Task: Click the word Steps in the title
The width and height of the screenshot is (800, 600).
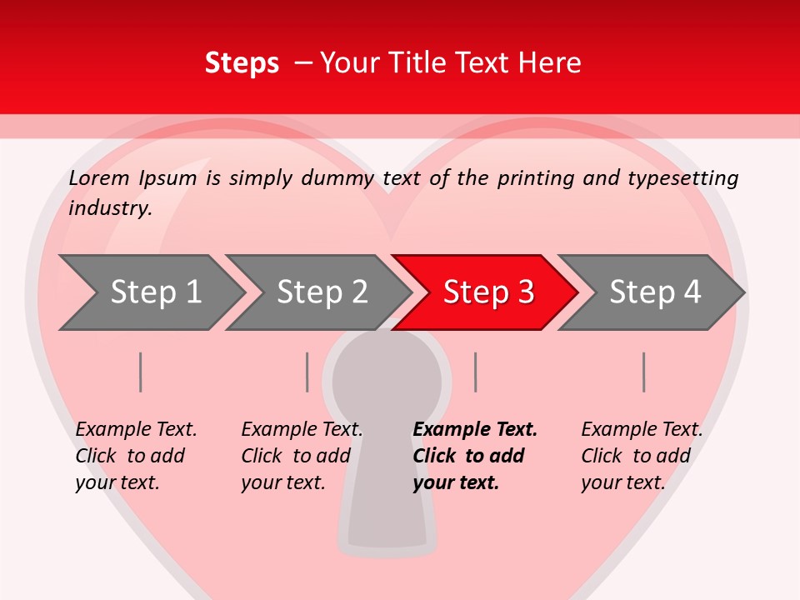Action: click(x=242, y=63)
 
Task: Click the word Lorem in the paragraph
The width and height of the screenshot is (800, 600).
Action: click(x=99, y=178)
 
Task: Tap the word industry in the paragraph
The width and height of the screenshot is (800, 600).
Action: click(x=109, y=207)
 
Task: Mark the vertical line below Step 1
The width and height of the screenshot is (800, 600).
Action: click(x=141, y=372)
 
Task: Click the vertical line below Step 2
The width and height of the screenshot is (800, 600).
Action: click(x=307, y=372)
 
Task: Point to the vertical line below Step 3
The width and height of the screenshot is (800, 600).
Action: click(x=475, y=372)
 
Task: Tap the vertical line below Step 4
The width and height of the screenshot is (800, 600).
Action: click(x=644, y=372)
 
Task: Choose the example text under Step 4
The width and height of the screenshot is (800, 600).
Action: click(x=641, y=456)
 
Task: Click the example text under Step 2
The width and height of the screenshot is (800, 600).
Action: click(x=301, y=456)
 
